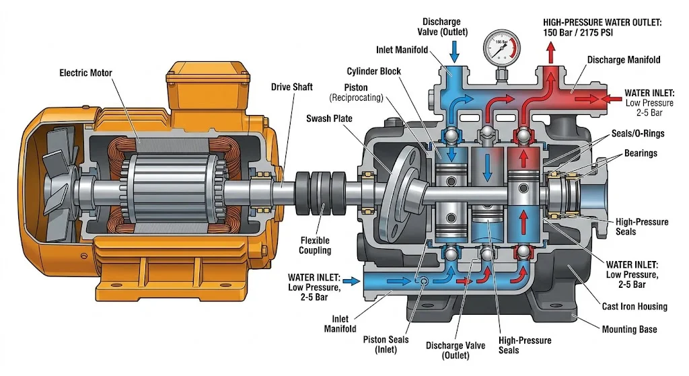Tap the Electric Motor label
pyautogui.click(x=85, y=73)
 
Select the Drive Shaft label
pyautogui.click(x=292, y=87)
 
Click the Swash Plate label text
pyautogui.click(x=329, y=118)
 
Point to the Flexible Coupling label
pyautogui.click(x=315, y=245)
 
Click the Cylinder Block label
pyautogui.click(x=374, y=71)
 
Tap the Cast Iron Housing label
pyautogui.click(x=634, y=307)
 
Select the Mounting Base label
pyautogui.click(x=629, y=330)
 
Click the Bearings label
pyautogui.click(x=641, y=153)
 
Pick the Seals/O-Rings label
pyautogui.click(x=638, y=134)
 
